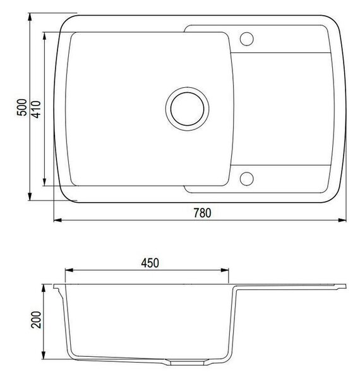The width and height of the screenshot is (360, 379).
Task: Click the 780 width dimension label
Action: [202, 213]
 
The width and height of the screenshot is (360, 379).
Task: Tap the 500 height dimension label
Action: [22, 107]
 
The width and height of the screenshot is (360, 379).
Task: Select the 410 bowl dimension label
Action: [36, 109]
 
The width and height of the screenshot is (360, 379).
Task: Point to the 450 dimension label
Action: [150, 263]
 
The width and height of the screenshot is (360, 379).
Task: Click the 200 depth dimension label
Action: [36, 320]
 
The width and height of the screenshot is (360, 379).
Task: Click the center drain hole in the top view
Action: [187, 109]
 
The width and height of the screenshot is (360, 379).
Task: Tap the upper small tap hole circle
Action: [247, 39]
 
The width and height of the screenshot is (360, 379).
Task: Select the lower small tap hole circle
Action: [247, 179]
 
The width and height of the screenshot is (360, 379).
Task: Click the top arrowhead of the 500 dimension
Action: [30, 17]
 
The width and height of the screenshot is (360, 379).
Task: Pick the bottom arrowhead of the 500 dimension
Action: [30, 196]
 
